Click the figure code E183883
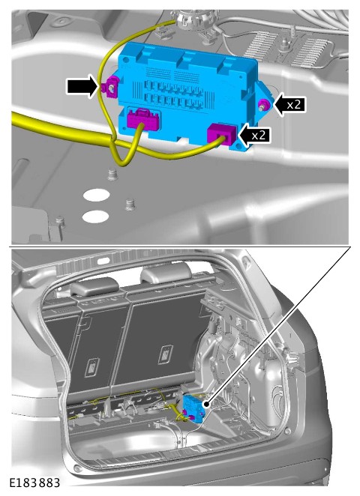click(x=34, y=483)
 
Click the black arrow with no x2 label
click(x=82, y=85)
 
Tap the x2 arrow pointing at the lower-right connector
click(x=254, y=135)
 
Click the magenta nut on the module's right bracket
click(x=264, y=104)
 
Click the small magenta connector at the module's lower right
click(x=222, y=134)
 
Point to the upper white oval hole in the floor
click(x=96, y=195)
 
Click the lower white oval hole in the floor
click(x=95, y=217)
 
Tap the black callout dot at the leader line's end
click(x=206, y=404)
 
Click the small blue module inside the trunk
click(x=193, y=408)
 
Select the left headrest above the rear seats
click(x=94, y=286)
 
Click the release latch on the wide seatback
click(x=166, y=354)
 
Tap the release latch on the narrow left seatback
click(x=92, y=367)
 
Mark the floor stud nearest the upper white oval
click(x=112, y=175)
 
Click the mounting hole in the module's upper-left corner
click(x=126, y=59)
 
